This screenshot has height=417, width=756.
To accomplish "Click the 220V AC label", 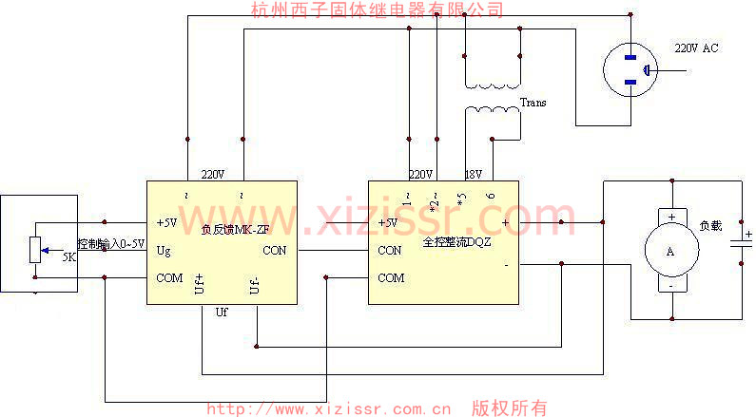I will [696, 48].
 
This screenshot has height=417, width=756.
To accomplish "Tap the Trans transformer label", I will [533, 103].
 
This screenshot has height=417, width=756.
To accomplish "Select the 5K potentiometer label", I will [69, 257].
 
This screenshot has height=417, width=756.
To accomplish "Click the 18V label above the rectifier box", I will [474, 175].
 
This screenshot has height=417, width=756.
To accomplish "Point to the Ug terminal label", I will [164, 251].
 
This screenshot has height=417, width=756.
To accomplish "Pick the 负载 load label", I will [710, 226].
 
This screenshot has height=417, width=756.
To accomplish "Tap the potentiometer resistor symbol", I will [35, 249].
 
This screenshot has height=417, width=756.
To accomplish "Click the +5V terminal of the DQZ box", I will [387, 224].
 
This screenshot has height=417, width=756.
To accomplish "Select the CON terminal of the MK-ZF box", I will [274, 251].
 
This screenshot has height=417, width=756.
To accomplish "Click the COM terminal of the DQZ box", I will [391, 278].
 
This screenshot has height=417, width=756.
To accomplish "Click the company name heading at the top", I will [377, 9].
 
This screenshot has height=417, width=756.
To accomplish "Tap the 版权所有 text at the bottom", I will [510, 408].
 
